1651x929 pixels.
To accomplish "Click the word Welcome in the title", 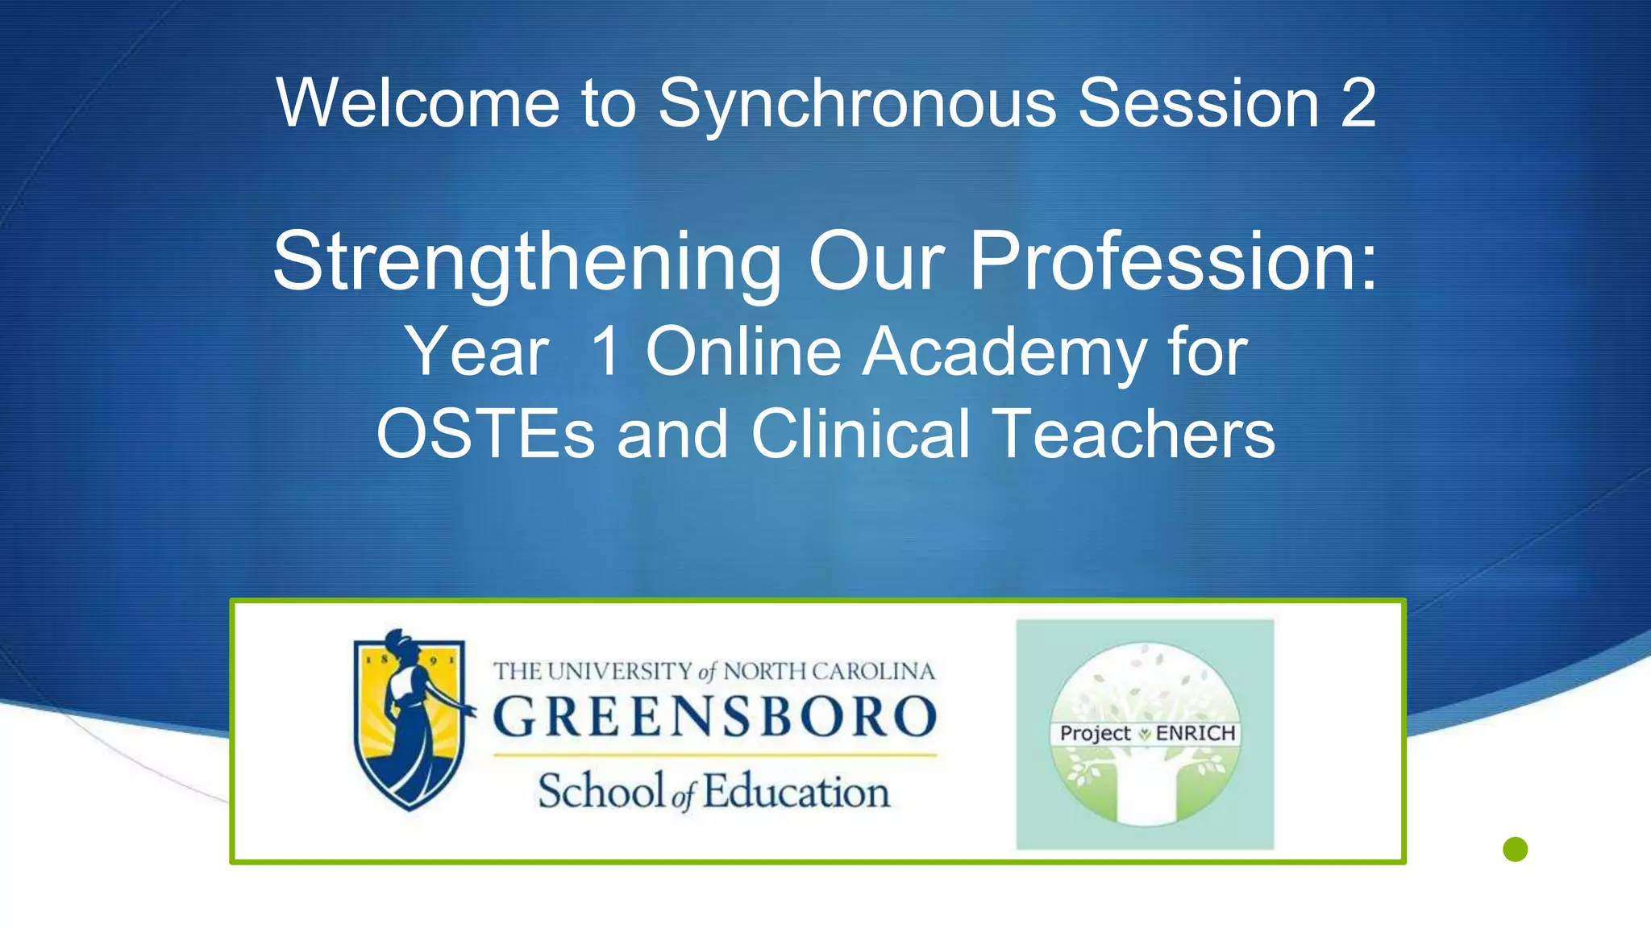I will [418, 103].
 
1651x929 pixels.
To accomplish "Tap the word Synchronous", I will [857, 103].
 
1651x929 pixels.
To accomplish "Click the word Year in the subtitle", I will [477, 352].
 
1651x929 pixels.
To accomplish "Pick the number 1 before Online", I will [605, 352].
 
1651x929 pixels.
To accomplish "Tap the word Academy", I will [1004, 352].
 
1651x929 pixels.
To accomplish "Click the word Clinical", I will [860, 434].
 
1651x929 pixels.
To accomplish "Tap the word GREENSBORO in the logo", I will [714, 716].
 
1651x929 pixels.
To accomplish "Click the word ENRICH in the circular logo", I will [1196, 733].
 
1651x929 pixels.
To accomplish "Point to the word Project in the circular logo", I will [1095, 733].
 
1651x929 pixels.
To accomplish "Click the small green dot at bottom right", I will [1516, 849].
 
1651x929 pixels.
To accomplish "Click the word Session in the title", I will [1198, 103].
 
